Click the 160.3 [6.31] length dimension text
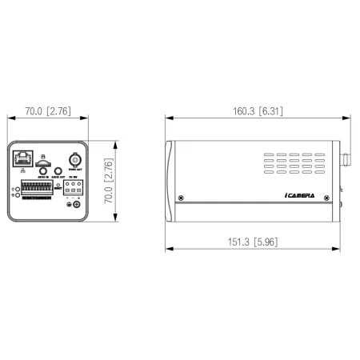[x=249, y=111]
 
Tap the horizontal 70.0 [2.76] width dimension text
[x=46, y=111]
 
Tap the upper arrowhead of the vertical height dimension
[x=117, y=144]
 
